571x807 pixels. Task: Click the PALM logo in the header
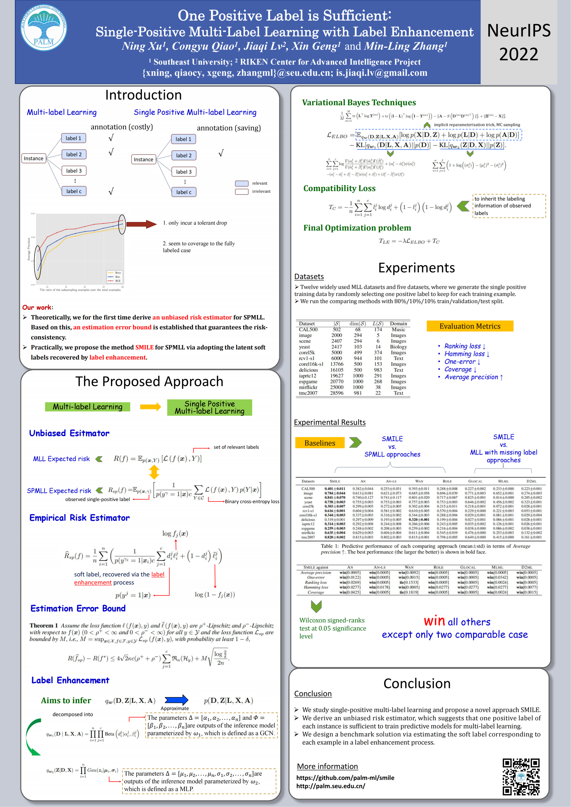pos(44,28)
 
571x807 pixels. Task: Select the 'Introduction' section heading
pos(144,95)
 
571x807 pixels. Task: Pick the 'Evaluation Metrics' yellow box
pos(470,326)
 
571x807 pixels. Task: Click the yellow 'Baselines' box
pos(320,443)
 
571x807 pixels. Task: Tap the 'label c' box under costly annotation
pos(74,191)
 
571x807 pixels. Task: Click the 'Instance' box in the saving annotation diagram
pos(144,159)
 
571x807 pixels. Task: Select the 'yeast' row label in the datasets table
pos(304,347)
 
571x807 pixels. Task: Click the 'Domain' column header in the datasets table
pos(398,324)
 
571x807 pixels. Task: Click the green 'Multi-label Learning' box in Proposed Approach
pos(87,407)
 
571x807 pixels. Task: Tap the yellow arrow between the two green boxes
pos(151,407)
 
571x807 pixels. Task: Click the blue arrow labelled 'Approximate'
pos(176,700)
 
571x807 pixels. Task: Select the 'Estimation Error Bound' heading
pos(78,608)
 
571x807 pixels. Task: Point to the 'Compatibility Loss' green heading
pos(339,188)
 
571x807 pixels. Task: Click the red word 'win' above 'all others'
pos(434,621)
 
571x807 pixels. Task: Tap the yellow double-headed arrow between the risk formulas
pos(154,472)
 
